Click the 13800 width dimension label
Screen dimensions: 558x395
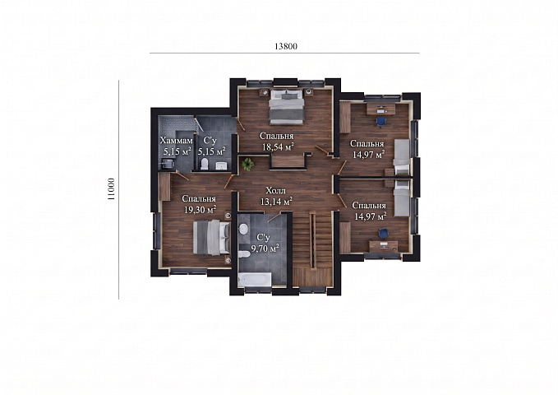(x=286, y=46)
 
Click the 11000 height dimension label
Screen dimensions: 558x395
(x=112, y=189)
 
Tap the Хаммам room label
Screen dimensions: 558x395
(x=176, y=140)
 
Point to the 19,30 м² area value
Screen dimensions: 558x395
(x=200, y=209)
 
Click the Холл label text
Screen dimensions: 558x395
(x=275, y=191)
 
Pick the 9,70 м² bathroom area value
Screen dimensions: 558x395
(x=265, y=248)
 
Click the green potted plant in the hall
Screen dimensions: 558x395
(x=247, y=164)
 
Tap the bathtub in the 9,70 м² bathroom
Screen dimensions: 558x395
(x=255, y=280)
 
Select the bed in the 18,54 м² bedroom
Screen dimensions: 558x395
(x=286, y=107)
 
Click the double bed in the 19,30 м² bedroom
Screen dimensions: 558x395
(x=211, y=238)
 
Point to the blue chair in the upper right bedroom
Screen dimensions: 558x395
(x=380, y=122)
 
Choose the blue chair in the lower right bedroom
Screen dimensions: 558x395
(x=383, y=233)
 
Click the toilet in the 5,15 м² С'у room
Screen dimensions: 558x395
(x=205, y=164)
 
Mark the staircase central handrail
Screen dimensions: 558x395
(x=312, y=240)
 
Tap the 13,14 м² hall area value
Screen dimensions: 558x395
(x=276, y=202)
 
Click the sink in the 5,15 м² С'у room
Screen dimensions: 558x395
(x=221, y=165)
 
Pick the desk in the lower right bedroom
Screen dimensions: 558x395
(x=383, y=246)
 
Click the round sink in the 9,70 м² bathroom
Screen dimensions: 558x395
(x=243, y=229)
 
